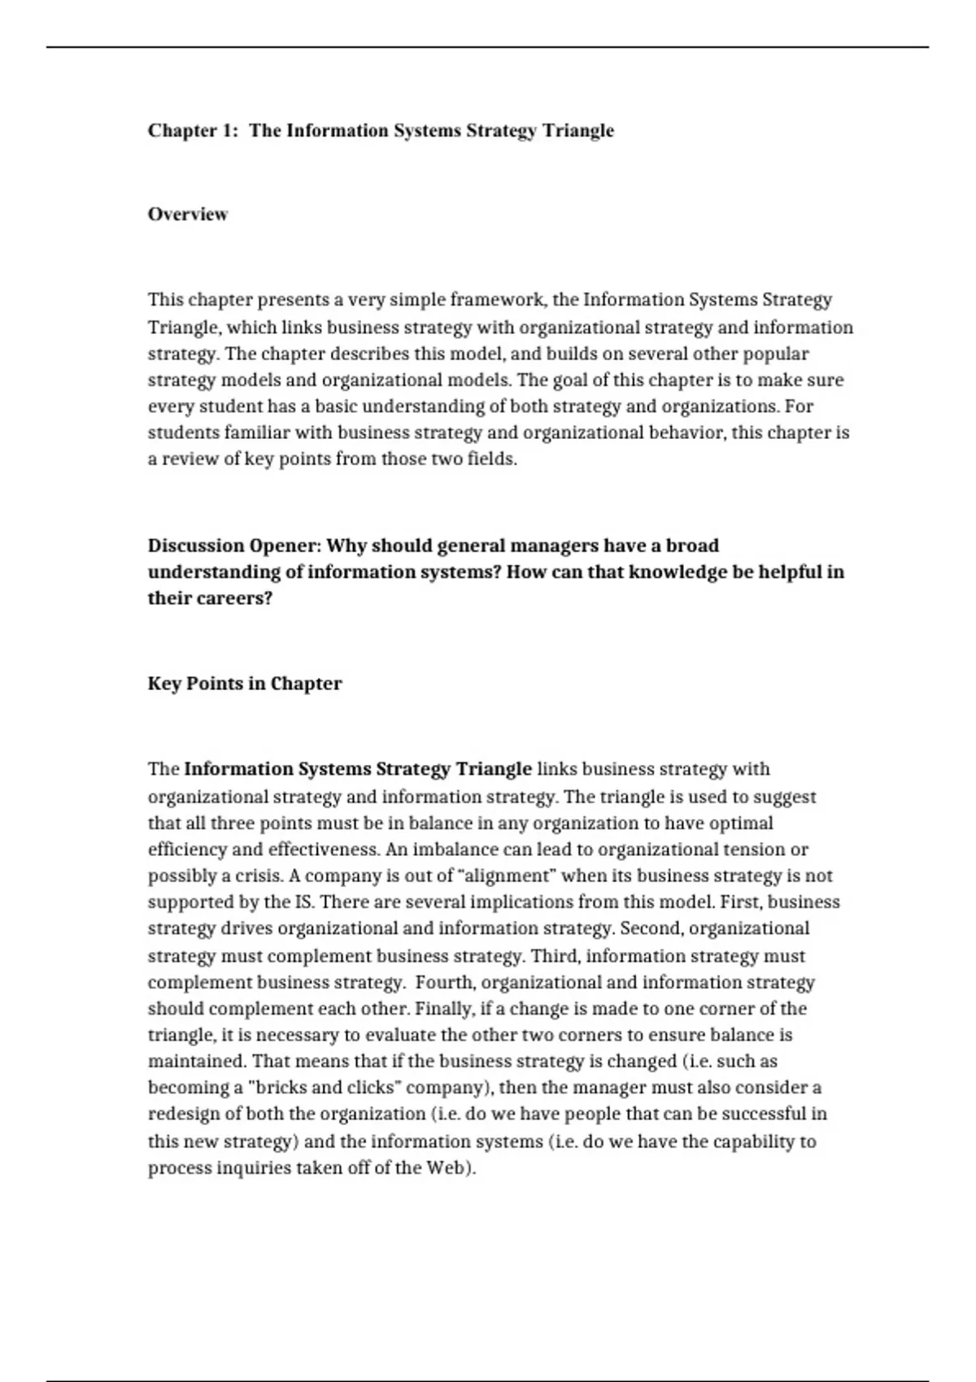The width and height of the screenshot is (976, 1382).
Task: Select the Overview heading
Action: (188, 215)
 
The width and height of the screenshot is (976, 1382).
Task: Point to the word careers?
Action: (235, 598)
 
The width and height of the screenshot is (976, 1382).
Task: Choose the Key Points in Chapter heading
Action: (245, 684)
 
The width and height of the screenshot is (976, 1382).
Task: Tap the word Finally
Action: (444, 1009)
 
